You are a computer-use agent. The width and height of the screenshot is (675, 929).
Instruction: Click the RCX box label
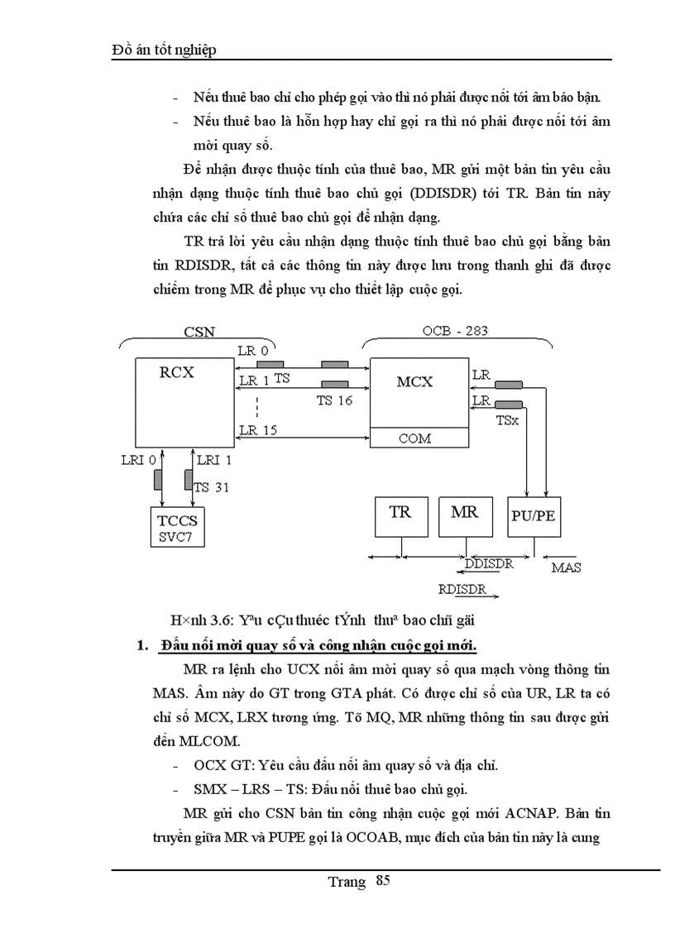[176, 371]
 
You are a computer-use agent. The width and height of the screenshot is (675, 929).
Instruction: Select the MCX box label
[414, 381]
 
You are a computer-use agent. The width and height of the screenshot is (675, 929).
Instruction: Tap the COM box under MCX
[414, 438]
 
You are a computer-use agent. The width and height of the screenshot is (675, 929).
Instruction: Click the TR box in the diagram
[400, 512]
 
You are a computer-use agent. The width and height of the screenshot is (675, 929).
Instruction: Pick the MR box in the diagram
[464, 512]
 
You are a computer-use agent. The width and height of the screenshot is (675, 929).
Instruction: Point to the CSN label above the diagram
[199, 332]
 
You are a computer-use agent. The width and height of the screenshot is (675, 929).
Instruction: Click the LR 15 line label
[257, 429]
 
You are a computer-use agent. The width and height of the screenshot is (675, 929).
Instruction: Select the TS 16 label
[335, 400]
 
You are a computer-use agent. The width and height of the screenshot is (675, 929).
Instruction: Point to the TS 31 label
[212, 487]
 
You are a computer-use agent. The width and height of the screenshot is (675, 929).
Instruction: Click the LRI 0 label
[138, 458]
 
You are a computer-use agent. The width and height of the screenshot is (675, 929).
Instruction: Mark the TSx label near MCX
[507, 420]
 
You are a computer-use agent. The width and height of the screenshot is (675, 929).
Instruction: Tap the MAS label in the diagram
[566, 567]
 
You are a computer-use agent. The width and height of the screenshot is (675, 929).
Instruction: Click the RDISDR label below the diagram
[462, 590]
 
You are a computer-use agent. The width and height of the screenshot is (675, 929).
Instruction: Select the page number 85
[382, 880]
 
